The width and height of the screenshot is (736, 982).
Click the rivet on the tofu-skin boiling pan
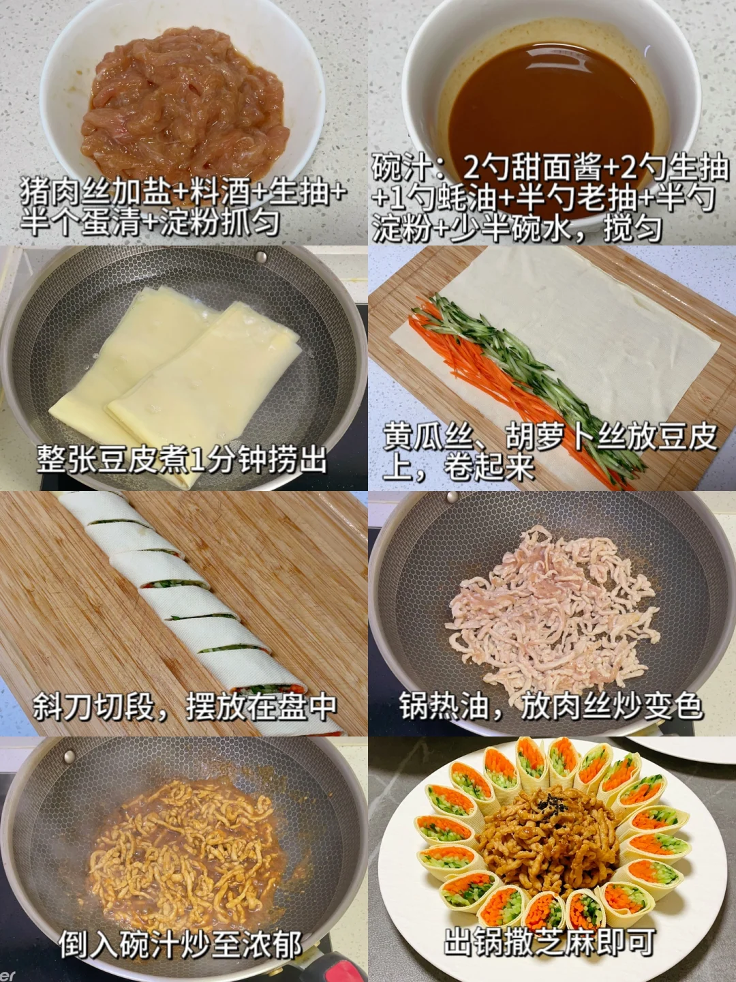tap(259, 256)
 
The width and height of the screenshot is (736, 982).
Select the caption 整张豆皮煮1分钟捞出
tap(181, 459)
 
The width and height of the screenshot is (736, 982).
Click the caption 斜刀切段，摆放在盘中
tap(184, 706)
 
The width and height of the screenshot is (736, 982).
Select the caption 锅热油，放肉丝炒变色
tap(551, 706)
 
